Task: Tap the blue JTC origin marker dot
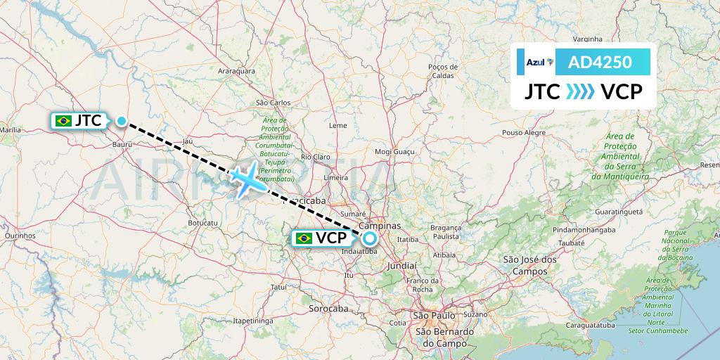coord(122,121)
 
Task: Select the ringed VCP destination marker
coord(370,238)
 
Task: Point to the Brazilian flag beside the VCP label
coord(304,238)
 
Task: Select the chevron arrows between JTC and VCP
coord(580,91)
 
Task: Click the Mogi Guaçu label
coord(393,151)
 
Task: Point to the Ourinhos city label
coord(20,236)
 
